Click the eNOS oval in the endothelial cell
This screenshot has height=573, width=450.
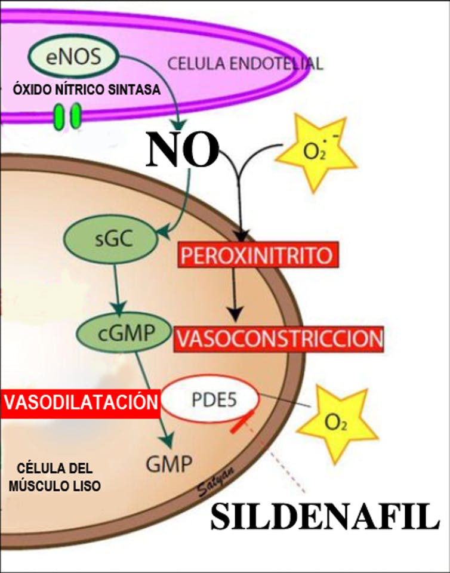click(73, 56)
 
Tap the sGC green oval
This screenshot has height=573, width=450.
click(111, 239)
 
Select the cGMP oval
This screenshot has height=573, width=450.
click(124, 332)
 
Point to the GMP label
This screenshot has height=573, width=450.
click(169, 464)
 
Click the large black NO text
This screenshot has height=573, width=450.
click(183, 149)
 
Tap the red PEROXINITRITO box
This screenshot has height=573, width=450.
click(258, 255)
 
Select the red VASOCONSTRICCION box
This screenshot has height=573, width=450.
click(279, 339)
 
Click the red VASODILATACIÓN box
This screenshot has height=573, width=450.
click(81, 402)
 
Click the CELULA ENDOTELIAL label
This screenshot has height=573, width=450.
click(245, 64)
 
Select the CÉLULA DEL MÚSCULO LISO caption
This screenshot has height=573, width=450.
click(55, 477)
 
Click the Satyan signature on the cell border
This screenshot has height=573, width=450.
click(215, 481)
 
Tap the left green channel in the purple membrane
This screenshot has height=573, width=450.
click(58, 116)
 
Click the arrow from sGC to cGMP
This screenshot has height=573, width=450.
click(118, 289)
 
